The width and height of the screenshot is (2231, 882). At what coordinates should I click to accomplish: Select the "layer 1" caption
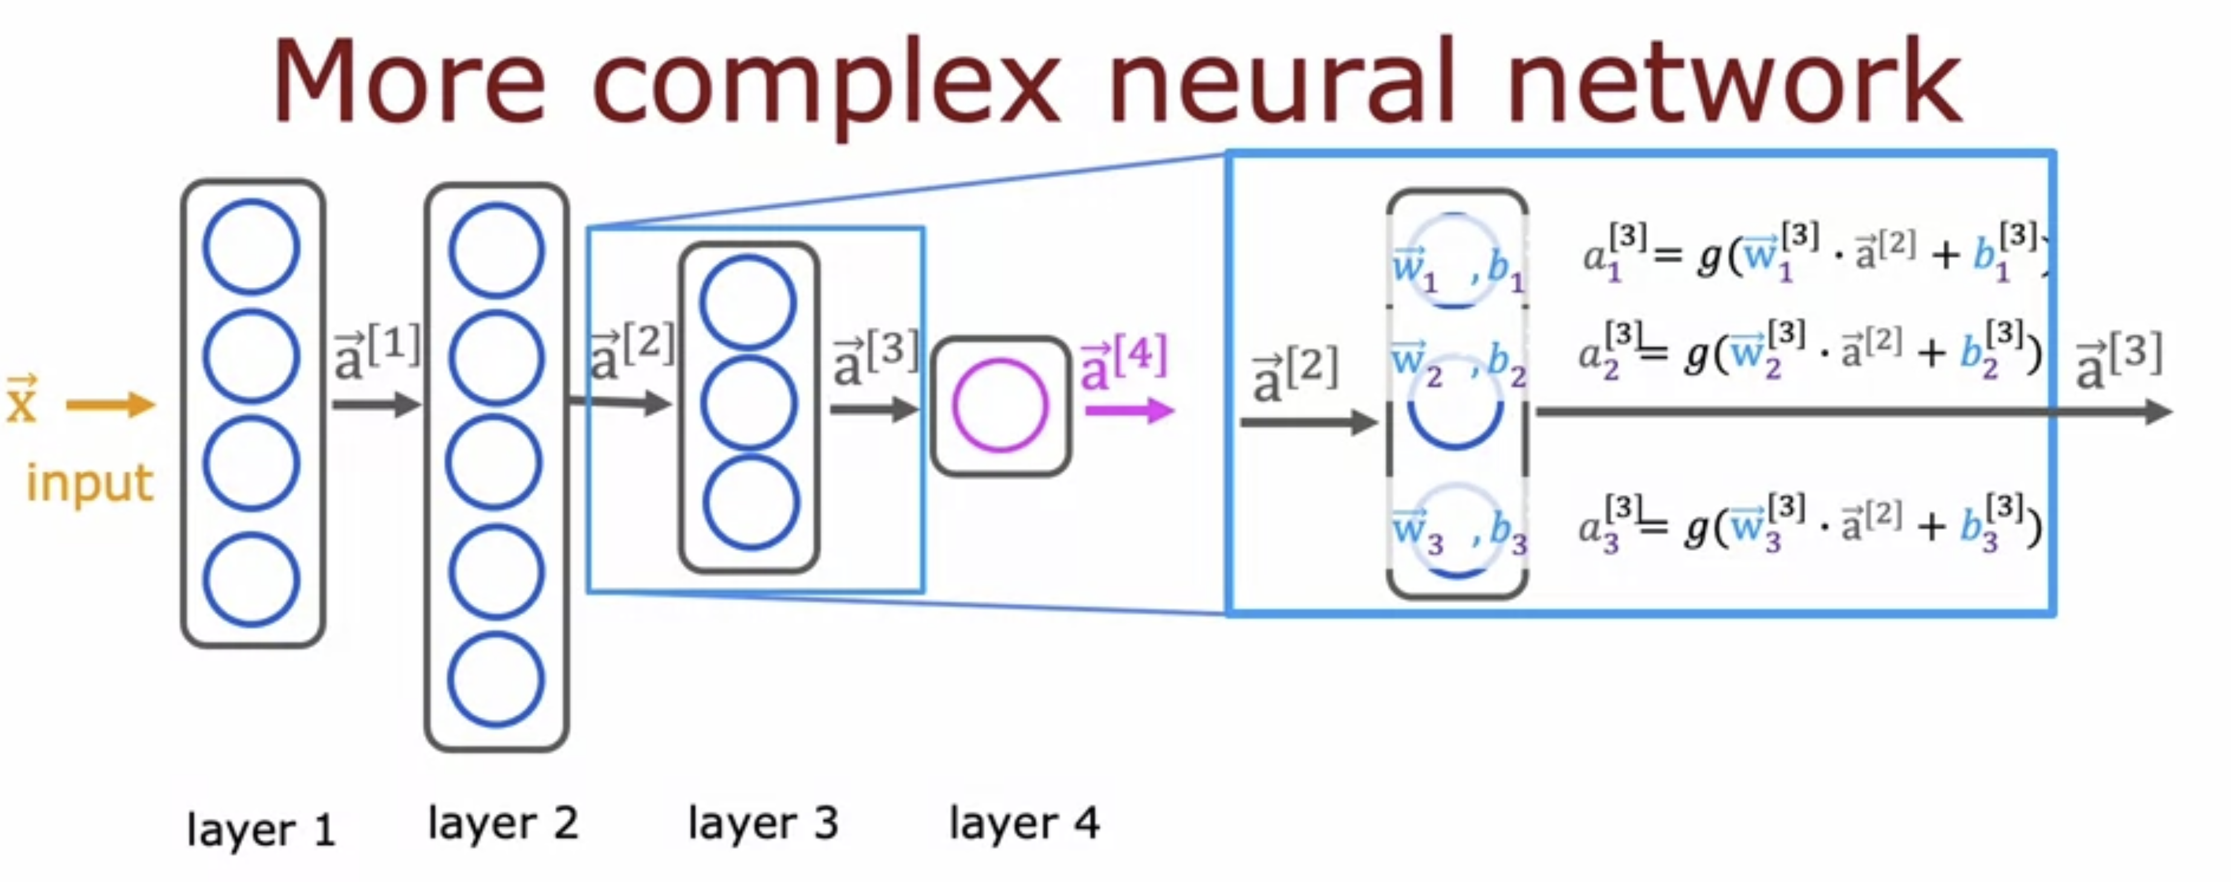[261, 830]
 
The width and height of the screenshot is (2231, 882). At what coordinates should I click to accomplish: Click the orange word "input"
[90, 483]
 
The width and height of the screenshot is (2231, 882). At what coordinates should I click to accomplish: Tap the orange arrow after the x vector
[111, 404]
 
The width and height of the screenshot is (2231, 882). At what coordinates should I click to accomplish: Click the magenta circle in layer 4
[1000, 405]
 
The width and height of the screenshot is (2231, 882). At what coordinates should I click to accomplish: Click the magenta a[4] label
[1124, 362]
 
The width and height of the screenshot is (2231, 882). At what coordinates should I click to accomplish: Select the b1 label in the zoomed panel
[1504, 270]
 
